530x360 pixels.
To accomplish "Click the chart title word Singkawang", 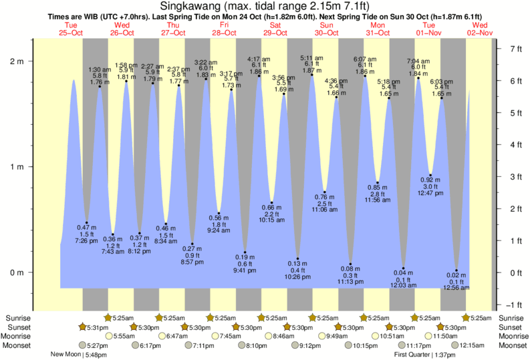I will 190,5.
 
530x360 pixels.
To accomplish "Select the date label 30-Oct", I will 327,32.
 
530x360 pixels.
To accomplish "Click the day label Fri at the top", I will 224,25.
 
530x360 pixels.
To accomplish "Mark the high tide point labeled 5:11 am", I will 311,75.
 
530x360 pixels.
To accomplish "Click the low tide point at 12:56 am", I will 456,270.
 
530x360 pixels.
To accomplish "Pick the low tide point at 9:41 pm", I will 245,252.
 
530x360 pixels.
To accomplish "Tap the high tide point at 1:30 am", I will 100,87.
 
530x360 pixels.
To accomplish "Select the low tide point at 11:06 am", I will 325,192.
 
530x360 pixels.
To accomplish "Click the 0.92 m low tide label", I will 430,180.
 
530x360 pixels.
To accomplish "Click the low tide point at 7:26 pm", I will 87,223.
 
